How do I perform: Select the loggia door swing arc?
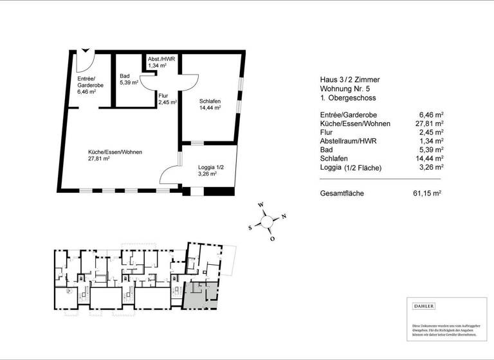(168, 175)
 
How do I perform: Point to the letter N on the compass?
(284, 216)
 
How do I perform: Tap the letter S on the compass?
(250, 228)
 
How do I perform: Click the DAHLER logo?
(424, 306)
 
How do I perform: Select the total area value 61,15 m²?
(426, 193)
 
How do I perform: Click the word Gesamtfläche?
(343, 193)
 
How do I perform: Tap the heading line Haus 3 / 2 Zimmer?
(350, 80)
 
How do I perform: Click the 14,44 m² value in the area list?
(430, 158)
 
